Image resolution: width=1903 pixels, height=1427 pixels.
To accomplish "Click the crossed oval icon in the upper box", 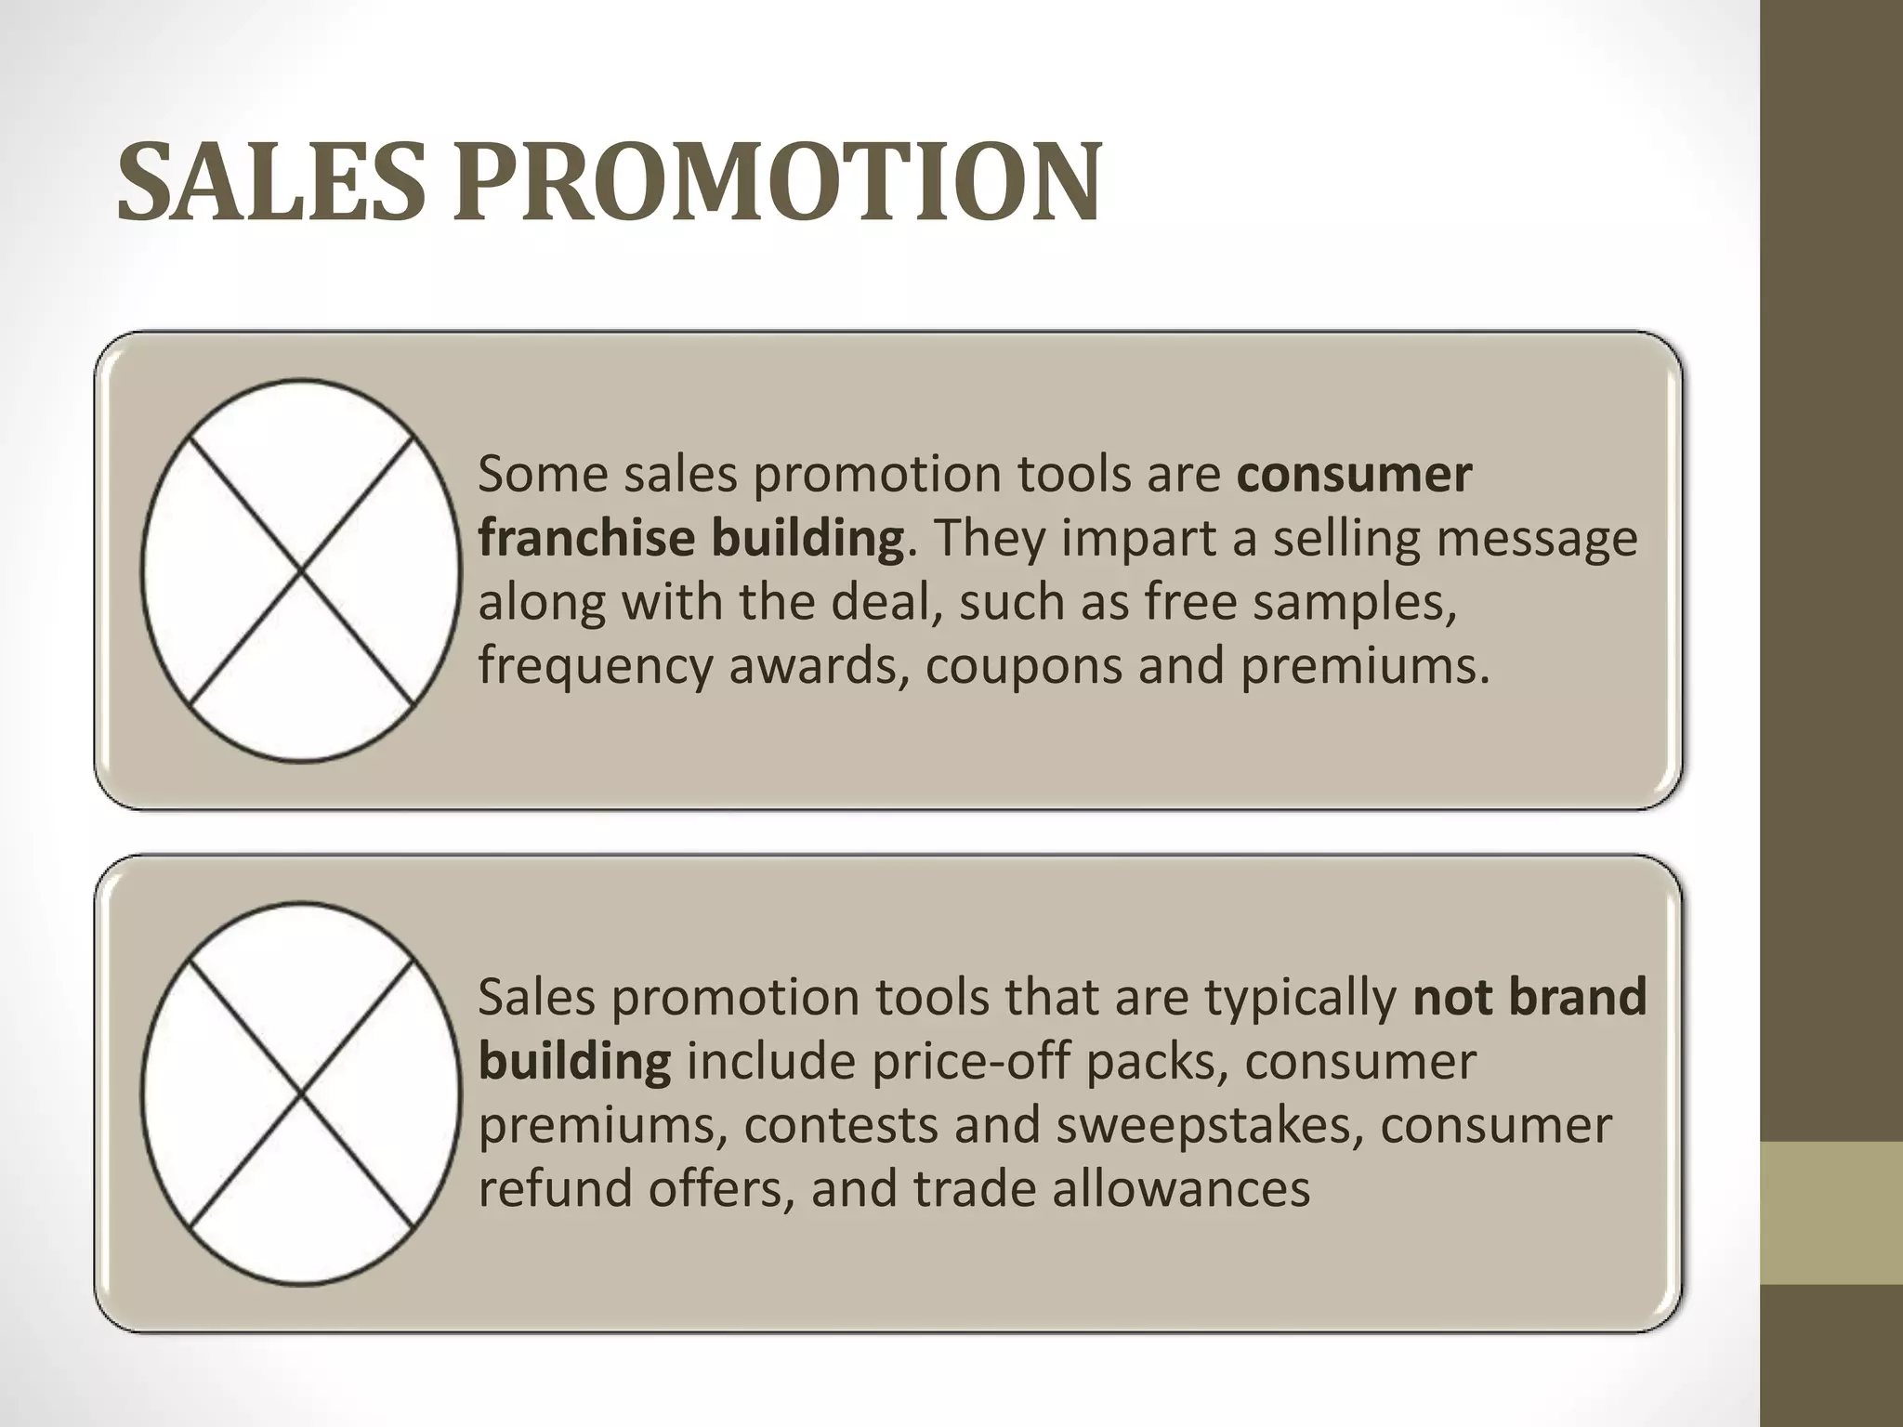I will pyautogui.click(x=301, y=570).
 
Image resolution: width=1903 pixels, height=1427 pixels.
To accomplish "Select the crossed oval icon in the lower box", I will pyautogui.click(x=301, y=1093).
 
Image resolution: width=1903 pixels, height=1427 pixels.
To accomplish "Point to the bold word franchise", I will pyautogui.click(x=586, y=538).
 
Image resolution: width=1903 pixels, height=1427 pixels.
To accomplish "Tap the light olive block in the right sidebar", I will pyautogui.click(x=1831, y=1212).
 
